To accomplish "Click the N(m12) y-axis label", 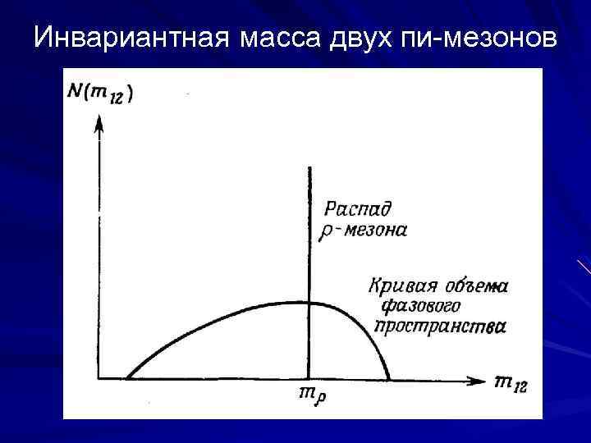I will [x=102, y=93].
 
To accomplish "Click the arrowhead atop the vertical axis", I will [x=98, y=125].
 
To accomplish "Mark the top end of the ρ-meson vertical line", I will [x=309, y=167].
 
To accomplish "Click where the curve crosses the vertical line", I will [x=309, y=303].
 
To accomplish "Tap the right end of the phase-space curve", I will [x=388, y=379].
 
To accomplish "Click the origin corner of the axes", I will [x=98, y=379].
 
